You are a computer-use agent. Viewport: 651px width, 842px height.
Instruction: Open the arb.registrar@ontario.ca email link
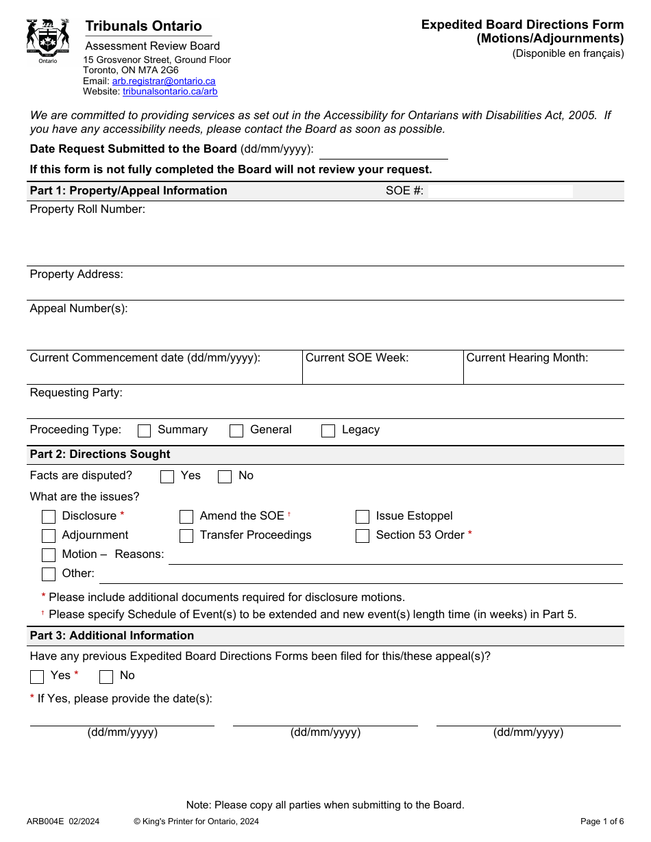pos(164,81)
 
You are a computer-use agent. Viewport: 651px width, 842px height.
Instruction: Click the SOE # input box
pos(500,191)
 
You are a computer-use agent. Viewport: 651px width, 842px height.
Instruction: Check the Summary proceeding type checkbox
pos(145,431)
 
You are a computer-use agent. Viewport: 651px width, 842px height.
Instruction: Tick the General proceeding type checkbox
pos(236,431)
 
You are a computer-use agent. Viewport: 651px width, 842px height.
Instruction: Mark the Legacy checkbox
pos(328,431)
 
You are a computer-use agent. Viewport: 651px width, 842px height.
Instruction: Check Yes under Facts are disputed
pos(167,476)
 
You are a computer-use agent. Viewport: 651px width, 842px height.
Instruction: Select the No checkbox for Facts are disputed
pos(225,476)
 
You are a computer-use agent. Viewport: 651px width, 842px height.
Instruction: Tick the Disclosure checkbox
pos(49,517)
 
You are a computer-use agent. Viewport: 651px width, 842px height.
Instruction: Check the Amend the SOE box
pos(186,517)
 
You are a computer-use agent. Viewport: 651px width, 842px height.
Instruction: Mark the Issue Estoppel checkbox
pos(363,517)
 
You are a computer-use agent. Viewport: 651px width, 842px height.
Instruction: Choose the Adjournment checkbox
pos(49,536)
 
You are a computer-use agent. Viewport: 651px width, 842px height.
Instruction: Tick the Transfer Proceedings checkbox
pos(186,536)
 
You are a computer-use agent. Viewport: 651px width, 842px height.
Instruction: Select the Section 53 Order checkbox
pos(363,536)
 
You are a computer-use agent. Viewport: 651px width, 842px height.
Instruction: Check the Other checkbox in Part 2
pos(49,574)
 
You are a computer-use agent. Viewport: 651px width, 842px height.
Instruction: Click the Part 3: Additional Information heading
pos(112,636)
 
